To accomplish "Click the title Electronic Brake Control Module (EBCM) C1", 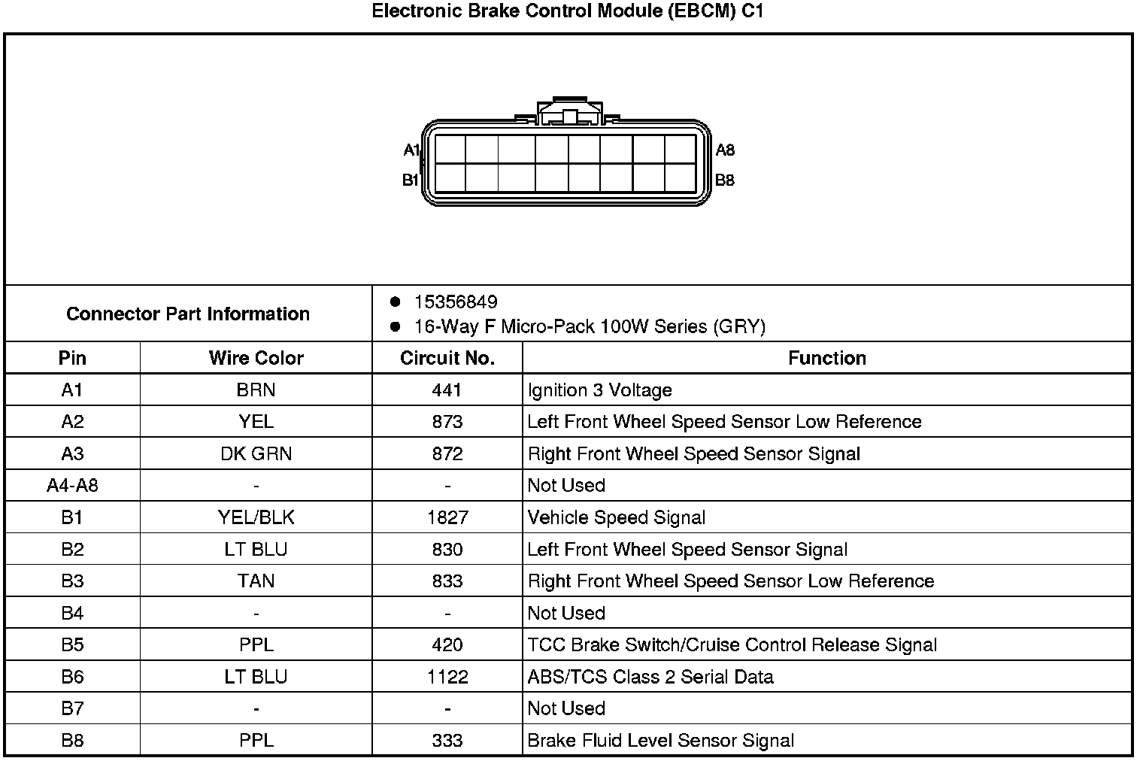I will point(568,11).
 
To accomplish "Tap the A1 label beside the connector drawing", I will point(411,150).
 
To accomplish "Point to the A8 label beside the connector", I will point(725,150).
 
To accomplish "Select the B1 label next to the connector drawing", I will point(411,180).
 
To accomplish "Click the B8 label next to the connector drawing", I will point(725,180).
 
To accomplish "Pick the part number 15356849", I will point(456,302).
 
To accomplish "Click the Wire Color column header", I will point(256,358).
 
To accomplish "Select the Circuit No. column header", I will point(447,358).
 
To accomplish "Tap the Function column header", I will point(827,358).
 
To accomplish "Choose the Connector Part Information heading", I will point(188,314).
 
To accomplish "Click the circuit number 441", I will point(447,390).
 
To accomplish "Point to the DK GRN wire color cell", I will point(256,454).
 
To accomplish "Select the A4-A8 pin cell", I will point(72,486).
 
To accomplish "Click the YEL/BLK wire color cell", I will point(256,517).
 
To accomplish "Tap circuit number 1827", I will point(447,517).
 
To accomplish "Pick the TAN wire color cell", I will point(256,581).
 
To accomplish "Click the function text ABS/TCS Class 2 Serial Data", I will point(650,677).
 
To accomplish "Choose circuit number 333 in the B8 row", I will point(447,741).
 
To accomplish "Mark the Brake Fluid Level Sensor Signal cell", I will point(661,741).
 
